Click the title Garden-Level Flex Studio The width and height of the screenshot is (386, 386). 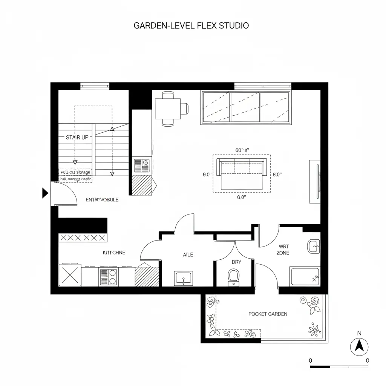[191, 26]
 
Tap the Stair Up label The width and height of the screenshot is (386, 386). [77, 137]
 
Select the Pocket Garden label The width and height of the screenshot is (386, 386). [268, 314]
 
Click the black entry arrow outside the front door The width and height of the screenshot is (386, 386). [45, 193]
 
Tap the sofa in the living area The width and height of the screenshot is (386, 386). [242, 174]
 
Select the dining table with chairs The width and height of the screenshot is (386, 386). [168, 108]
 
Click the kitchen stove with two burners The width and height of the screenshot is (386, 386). [109, 277]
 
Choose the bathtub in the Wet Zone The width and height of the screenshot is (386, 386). [305, 277]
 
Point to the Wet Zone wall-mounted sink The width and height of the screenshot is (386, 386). [314, 247]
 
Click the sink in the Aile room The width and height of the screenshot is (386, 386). [184, 279]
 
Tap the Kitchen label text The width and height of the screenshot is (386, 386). [114, 253]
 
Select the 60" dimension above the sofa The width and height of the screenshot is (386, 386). [242, 150]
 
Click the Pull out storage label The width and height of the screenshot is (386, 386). [75, 172]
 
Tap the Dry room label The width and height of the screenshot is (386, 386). [236, 262]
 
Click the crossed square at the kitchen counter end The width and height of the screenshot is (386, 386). [70, 275]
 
